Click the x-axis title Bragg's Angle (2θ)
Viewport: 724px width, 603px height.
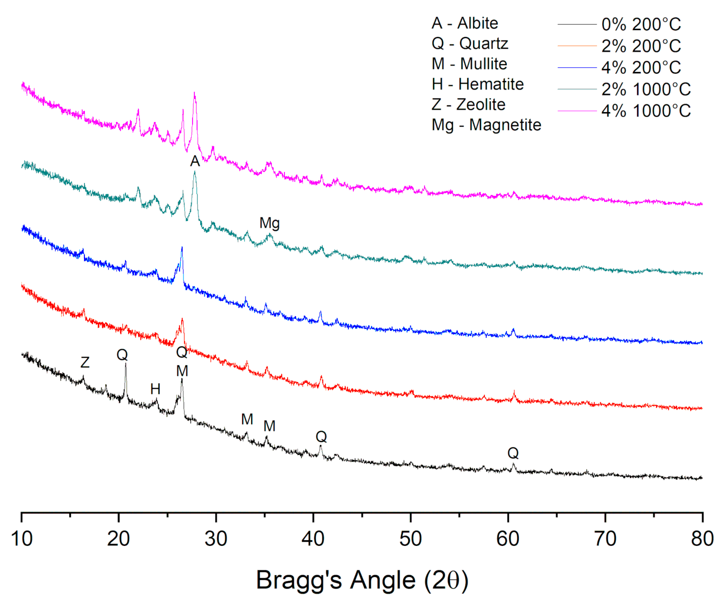coord(362,580)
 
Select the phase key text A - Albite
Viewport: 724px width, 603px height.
coord(465,23)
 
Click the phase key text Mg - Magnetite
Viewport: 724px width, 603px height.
coord(486,125)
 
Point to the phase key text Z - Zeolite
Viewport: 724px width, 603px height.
coord(468,105)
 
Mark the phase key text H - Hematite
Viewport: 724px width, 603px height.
coord(477,84)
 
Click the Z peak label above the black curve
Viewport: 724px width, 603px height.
coord(85,362)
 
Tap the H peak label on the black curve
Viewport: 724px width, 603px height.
coord(155,389)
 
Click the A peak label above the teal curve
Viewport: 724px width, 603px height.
coord(195,161)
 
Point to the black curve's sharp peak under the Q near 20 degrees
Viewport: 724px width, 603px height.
coord(125,364)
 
